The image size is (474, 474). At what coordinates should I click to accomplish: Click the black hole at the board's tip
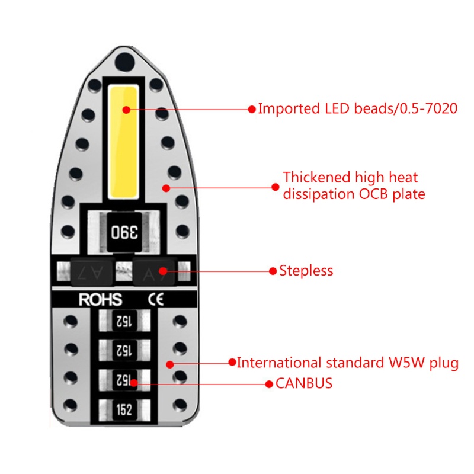pos(124,60)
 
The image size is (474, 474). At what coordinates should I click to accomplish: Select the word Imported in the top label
pos(288,109)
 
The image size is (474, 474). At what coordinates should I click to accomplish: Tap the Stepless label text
pos(306,271)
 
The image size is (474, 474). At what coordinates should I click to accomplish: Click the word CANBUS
pos(304,383)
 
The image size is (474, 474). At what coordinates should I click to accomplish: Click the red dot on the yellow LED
pos(126,109)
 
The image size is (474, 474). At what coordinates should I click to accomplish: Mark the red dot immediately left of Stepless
pos(273,271)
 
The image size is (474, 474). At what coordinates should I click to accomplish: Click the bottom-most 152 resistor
pos(124,410)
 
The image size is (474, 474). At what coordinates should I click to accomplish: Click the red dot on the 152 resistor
pos(134,383)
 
